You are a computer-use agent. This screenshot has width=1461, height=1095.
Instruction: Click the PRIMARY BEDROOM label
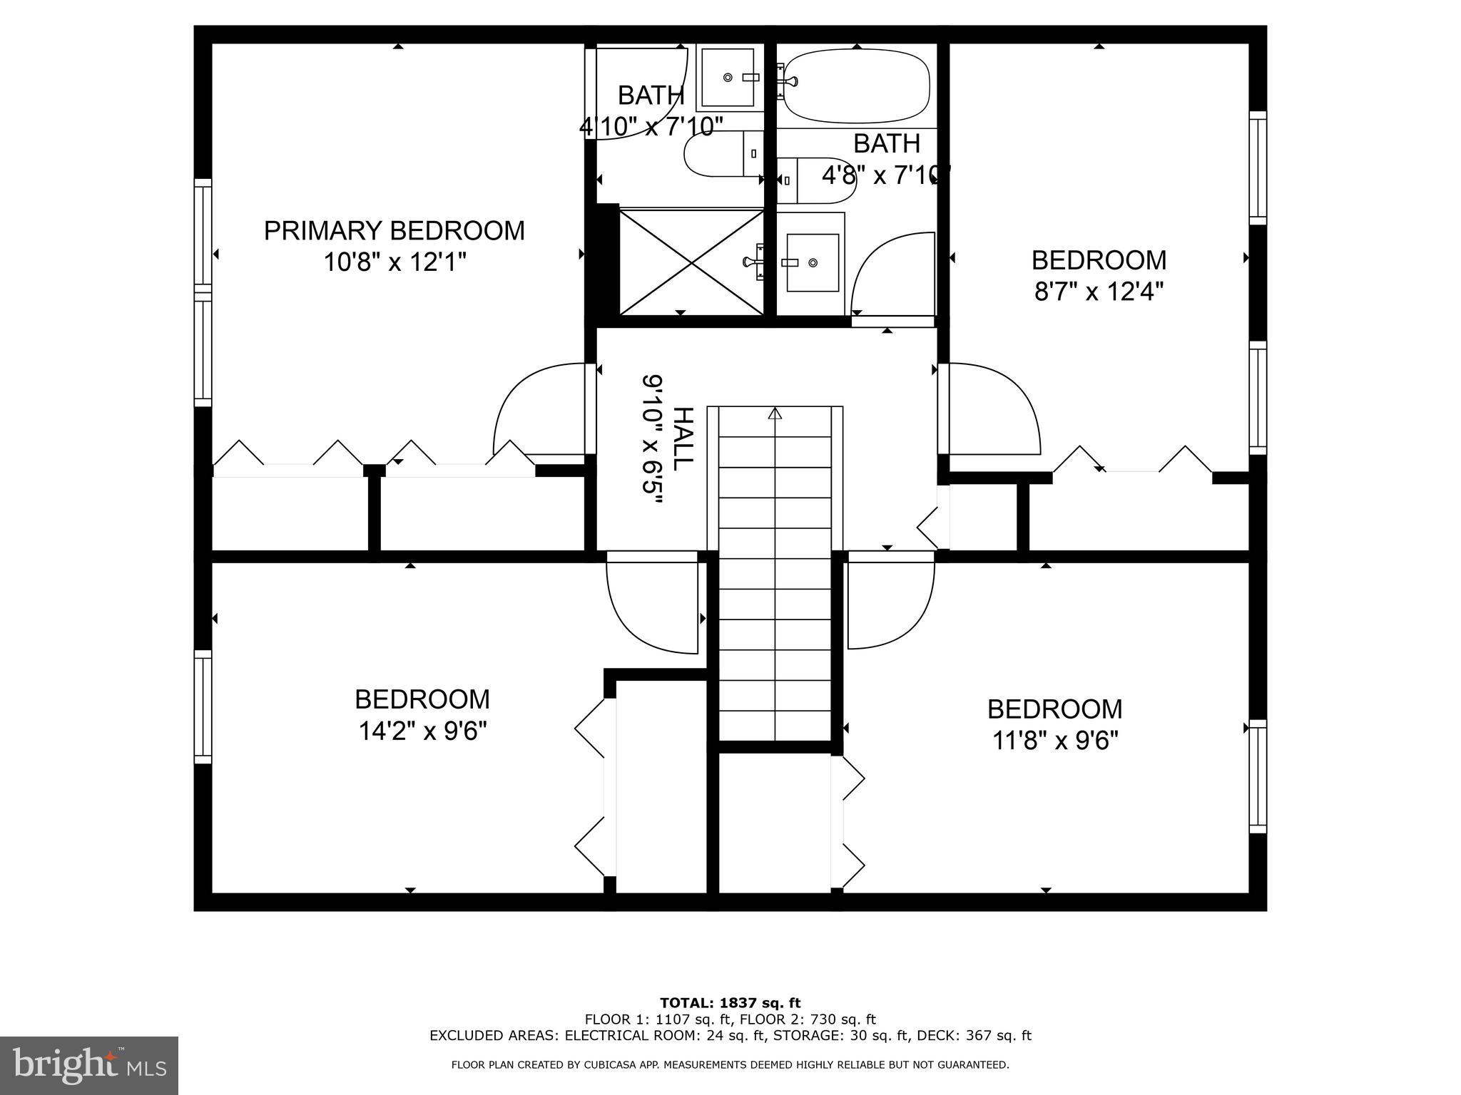pyautogui.click(x=394, y=231)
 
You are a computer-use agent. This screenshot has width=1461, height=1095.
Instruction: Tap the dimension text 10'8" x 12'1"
pyautogui.click(x=394, y=262)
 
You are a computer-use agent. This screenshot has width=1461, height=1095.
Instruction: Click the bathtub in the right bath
pyautogui.click(x=856, y=86)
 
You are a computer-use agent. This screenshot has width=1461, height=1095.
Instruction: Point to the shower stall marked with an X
pyautogui.click(x=691, y=262)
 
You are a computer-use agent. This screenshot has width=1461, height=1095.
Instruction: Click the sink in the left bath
pyautogui.click(x=727, y=77)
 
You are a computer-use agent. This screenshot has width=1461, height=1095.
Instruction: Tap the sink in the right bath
pyautogui.click(x=812, y=263)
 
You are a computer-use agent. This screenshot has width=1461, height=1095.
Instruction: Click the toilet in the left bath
pyautogui.click(x=721, y=154)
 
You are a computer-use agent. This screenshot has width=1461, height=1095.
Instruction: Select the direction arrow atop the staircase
pyautogui.click(x=775, y=413)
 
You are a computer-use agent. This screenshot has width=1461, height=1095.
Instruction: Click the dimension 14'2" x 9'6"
pyautogui.click(x=422, y=731)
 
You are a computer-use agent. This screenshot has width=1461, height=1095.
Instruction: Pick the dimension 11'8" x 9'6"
pyautogui.click(x=1054, y=741)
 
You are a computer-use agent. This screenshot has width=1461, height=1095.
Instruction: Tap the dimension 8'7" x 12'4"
pyautogui.click(x=1099, y=292)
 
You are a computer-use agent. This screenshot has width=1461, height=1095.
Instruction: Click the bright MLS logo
pyautogui.click(x=89, y=1065)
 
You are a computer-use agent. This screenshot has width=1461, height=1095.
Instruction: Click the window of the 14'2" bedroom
pyautogui.click(x=203, y=706)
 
